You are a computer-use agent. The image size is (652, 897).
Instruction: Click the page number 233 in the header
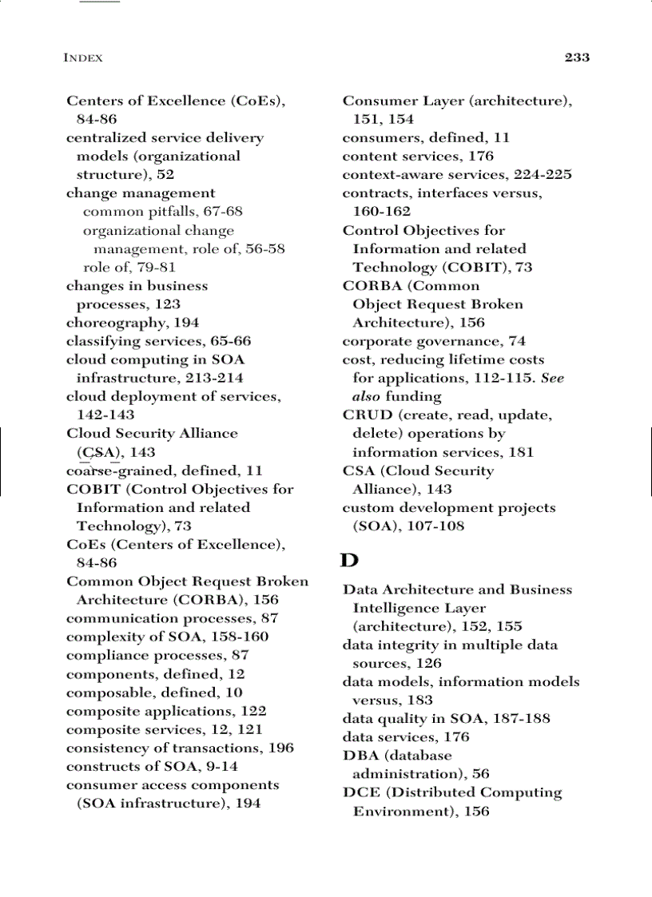pos(576,58)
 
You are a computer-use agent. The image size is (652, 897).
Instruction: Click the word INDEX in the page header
pos(83,58)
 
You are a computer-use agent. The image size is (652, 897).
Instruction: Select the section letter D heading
pos(349,560)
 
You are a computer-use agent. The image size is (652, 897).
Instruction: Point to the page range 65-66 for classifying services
pos(225,341)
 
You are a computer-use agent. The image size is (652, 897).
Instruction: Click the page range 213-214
pos(214,378)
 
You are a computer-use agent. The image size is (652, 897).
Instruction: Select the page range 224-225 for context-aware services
pos(543,174)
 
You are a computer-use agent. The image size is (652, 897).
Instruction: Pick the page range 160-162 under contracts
pos(381,212)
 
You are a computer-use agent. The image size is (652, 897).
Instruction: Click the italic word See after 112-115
pos(552,378)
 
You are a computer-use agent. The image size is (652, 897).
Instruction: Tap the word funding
pos(413,396)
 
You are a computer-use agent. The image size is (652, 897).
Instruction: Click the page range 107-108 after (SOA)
pos(432,526)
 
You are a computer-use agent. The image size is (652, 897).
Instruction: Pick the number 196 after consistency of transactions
pos(280,748)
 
